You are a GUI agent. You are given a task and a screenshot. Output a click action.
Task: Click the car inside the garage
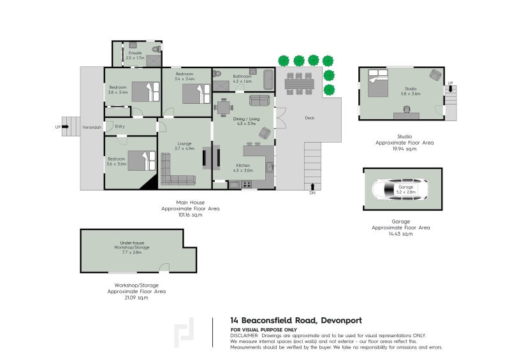(402, 189)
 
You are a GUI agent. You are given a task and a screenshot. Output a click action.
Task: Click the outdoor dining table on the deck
(300, 83)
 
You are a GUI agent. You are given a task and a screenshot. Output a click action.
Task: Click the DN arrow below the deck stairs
(312, 186)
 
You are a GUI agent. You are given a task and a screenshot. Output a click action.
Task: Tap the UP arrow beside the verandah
(65, 127)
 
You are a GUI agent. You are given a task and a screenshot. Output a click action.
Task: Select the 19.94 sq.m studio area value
(404, 148)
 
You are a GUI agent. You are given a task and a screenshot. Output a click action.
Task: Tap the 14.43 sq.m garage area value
(401, 234)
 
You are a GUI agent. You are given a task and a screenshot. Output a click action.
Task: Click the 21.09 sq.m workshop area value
(136, 298)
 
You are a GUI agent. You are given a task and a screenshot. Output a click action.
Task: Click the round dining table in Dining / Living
(224, 108)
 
